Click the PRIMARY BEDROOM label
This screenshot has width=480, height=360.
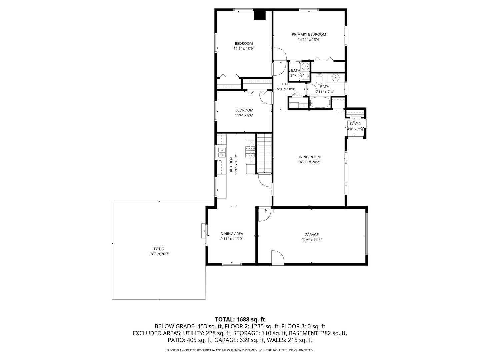click(309, 34)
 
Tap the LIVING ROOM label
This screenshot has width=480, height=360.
click(309, 157)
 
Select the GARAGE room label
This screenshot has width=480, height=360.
click(311, 235)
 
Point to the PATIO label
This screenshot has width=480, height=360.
click(159, 249)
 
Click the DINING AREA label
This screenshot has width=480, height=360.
click(232, 234)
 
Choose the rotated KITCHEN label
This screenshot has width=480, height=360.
click(231, 165)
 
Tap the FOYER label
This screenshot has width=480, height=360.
click(355, 124)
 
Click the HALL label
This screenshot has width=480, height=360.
click(286, 84)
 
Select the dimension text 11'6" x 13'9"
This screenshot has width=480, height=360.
click(244, 49)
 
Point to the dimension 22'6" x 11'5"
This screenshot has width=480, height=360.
click(311, 240)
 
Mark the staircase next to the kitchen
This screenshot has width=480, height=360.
click(264, 153)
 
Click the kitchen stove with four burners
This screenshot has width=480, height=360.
click(250, 152)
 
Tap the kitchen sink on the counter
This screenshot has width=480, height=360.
click(221, 153)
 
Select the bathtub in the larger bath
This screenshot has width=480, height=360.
click(320, 103)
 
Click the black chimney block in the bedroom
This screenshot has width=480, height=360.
click(260, 15)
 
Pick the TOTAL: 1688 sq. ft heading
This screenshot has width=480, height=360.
click(240, 319)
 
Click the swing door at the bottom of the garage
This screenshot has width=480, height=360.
click(277, 257)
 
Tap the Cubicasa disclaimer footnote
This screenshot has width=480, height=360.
click(240, 350)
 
